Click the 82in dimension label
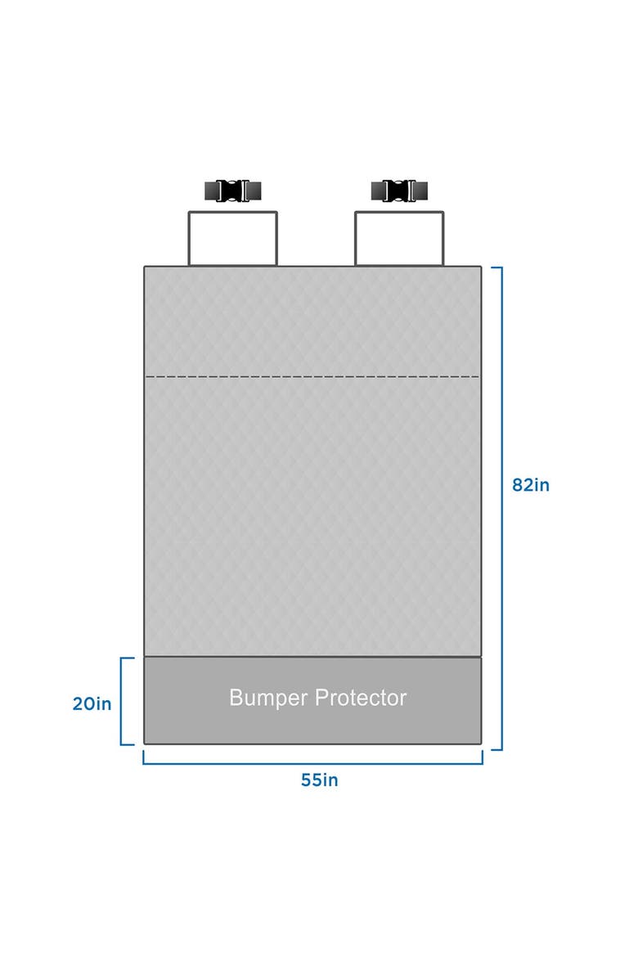point(531,485)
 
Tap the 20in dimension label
point(92,704)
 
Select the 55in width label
point(319,780)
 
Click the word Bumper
point(268,699)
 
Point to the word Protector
point(361,698)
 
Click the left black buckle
point(232,191)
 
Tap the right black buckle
point(399,191)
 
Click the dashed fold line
point(312,377)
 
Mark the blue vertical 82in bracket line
point(501,509)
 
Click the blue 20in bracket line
point(122,701)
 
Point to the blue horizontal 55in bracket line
point(312,763)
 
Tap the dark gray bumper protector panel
point(312,700)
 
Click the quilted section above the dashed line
point(312,321)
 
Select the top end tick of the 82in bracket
point(496,267)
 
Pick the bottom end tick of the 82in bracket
point(496,749)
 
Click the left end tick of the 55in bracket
point(143,757)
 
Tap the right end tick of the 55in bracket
point(483,757)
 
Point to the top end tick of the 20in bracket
point(128,658)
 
